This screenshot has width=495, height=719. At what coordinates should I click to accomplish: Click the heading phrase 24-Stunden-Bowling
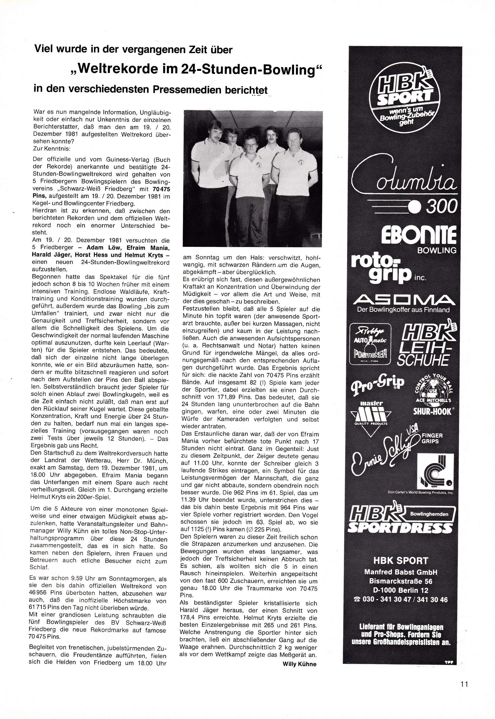(x=248, y=69)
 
